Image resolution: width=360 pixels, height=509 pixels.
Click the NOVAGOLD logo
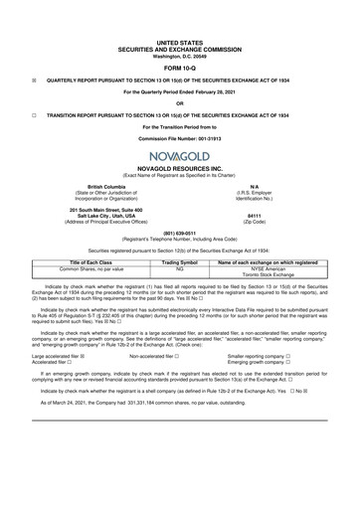coord(179,158)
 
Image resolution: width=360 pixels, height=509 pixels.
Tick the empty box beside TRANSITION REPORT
coord(34,114)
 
